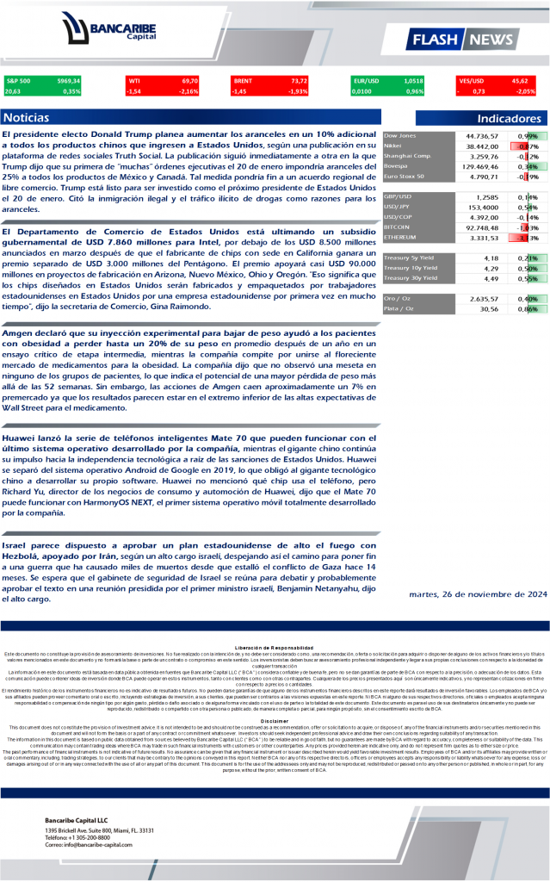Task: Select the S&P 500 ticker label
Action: click(18, 80)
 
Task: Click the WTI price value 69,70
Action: click(189, 80)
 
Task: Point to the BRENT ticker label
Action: click(243, 80)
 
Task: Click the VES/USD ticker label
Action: click(472, 80)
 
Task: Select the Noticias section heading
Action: click(27, 117)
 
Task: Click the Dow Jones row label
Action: click(399, 136)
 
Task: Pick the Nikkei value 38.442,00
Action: click(482, 146)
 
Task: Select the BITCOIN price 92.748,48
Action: click(482, 227)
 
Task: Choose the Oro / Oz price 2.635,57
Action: click(482, 298)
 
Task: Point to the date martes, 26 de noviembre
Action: click(491, 593)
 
